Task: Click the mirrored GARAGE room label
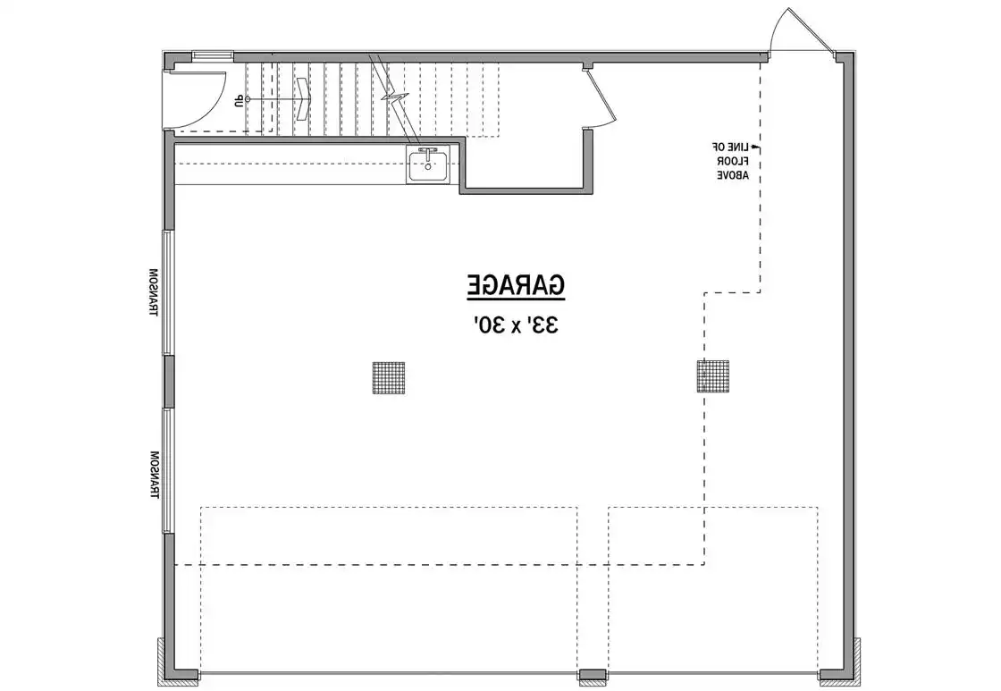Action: click(515, 285)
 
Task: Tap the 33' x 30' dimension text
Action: click(516, 325)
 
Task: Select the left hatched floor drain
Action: click(388, 377)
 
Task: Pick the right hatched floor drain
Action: click(713, 376)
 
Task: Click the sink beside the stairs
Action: click(428, 164)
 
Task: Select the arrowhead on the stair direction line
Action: click(302, 99)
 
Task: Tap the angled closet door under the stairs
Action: click(601, 95)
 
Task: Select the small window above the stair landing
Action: click(212, 55)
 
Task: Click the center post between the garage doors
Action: click(593, 675)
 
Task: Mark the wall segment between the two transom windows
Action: click(169, 382)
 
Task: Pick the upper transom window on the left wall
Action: click(168, 292)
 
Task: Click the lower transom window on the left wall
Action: click(168, 471)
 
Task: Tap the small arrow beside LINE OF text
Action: click(754, 147)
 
